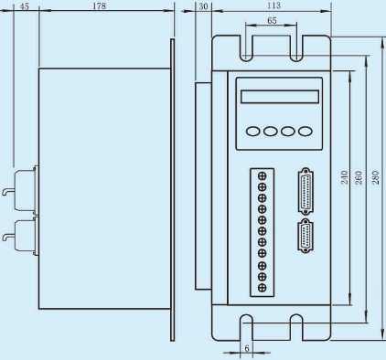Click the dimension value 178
click(100, 5)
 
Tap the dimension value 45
click(25, 6)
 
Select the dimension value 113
click(274, 5)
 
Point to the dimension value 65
click(272, 20)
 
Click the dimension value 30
click(203, 6)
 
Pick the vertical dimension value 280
click(376, 177)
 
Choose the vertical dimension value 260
click(359, 177)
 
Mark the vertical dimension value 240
click(344, 177)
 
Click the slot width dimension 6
click(247, 348)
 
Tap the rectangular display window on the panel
click(280, 97)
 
